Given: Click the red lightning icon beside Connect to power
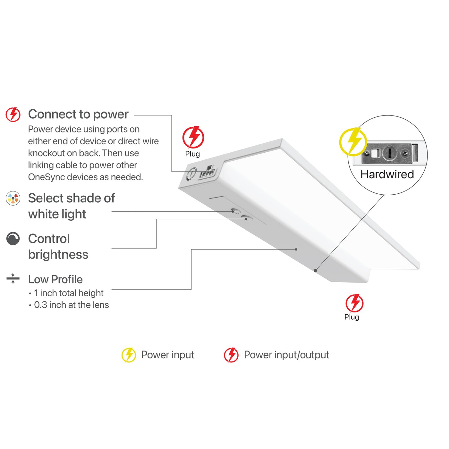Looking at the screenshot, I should point(13,114).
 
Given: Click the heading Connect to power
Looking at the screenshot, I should point(78,114).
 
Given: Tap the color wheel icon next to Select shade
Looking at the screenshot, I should point(13,199).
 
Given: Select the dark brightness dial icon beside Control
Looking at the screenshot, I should point(13,239).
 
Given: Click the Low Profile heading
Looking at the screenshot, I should point(55,279).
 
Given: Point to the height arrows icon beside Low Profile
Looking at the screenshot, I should point(13,279).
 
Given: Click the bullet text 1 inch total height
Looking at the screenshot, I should point(69,293).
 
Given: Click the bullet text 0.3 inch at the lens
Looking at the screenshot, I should point(71,305).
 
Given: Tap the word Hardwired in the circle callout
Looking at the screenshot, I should point(387,174).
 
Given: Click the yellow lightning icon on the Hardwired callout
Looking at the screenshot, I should point(353,141).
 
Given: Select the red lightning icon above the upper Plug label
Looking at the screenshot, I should point(193,137).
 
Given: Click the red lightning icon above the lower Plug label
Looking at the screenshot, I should point(354,303).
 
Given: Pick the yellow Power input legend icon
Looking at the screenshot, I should point(129,355).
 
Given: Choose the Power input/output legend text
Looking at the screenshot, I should point(286,355).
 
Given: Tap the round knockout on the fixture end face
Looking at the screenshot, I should point(191,173).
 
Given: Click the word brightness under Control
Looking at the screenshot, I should point(58,255).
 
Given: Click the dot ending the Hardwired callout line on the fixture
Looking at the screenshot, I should point(316,271).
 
